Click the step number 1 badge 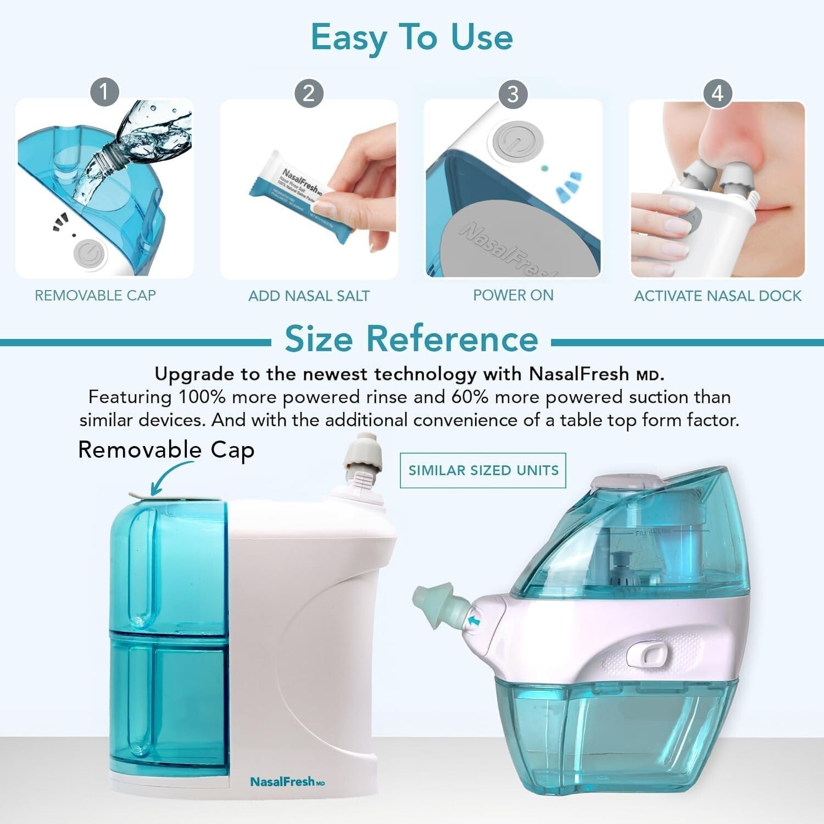[x=104, y=92]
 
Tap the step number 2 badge [x=309, y=93]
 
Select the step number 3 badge [x=513, y=94]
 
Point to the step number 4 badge [x=717, y=93]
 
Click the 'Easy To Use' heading [x=411, y=37]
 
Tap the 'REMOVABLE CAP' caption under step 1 [x=96, y=296]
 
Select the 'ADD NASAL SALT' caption [x=309, y=296]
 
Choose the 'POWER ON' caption [x=513, y=295]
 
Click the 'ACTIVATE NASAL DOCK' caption [x=717, y=296]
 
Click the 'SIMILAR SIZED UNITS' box [x=483, y=470]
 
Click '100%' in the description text [x=201, y=397]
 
